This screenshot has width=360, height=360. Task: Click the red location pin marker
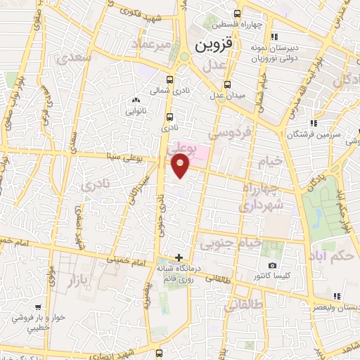point(181,166)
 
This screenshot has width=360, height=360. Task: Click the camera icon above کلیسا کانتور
point(272,265)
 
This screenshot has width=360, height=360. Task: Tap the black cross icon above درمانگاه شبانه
point(179,257)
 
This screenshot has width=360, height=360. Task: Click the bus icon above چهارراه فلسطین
point(236,12)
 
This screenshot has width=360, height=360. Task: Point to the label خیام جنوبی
point(230,244)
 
